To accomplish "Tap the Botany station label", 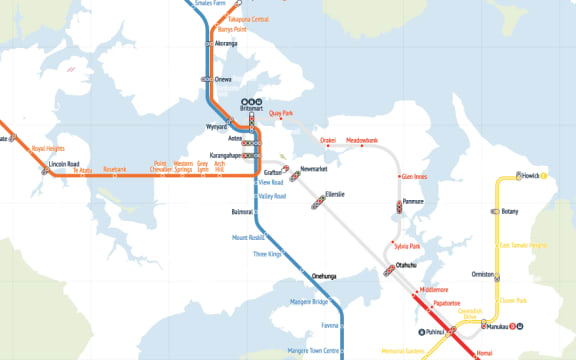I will click(x=510, y=212).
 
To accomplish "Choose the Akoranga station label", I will click(x=225, y=44).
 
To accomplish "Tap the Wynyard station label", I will click(x=217, y=128).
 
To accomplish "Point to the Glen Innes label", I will click(x=414, y=177).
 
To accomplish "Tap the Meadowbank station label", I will click(x=362, y=140).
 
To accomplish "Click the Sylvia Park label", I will click(x=406, y=245).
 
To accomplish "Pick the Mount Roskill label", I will click(x=248, y=238).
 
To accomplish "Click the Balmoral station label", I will click(x=242, y=212).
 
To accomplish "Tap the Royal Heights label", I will click(x=49, y=148).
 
